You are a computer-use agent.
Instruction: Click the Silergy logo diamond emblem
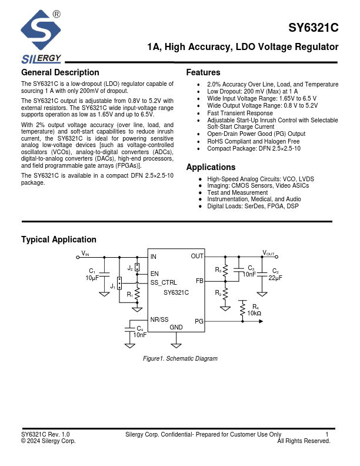pos(41,30)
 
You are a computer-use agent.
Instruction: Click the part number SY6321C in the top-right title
pos(314,28)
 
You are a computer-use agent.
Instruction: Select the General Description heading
pos(60,72)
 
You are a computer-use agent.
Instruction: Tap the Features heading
pos(203,72)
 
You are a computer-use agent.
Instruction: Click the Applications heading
pos(211,167)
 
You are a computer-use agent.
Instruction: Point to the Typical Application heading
pos(59,239)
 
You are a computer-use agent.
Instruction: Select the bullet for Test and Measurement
pos(201,192)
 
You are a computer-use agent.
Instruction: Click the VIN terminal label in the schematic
pos(85,253)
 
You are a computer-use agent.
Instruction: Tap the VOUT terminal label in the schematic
pos(268,253)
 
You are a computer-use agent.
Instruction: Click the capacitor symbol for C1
pos(104,274)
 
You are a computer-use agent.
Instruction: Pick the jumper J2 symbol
pos(137,268)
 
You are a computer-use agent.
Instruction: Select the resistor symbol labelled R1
pos(137,292)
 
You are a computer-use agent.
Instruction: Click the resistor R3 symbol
pos(225,271)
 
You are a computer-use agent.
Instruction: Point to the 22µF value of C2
pos(275,277)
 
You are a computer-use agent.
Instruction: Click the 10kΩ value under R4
pos(254,314)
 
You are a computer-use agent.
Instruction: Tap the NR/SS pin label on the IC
pos(159,319)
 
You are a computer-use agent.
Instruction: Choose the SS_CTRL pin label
pos(164,282)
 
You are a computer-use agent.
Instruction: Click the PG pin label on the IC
pos(199,321)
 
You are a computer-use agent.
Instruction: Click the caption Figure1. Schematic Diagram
pos(180,358)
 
